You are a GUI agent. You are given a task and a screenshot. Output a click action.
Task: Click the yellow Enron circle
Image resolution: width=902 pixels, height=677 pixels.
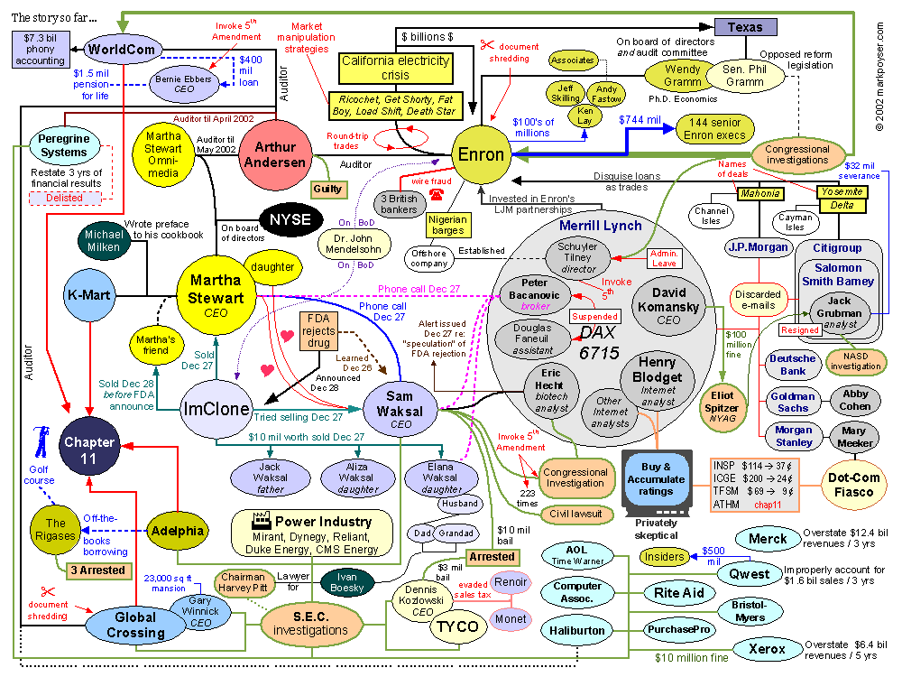click(x=481, y=154)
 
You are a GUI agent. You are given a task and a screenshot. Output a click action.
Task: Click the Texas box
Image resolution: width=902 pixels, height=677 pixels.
click(x=745, y=27)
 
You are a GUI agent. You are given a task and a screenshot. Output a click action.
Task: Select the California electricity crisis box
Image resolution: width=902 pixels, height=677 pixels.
click(x=395, y=69)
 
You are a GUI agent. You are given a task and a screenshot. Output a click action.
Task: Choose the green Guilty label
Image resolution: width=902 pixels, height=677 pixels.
click(x=327, y=189)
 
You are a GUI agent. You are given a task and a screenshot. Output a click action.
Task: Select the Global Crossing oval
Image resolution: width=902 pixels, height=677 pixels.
click(x=135, y=625)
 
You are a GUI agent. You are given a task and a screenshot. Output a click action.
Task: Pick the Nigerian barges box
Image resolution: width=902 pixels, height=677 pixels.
click(x=446, y=225)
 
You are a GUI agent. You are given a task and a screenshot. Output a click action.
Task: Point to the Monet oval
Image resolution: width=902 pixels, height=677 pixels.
click(x=510, y=619)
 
